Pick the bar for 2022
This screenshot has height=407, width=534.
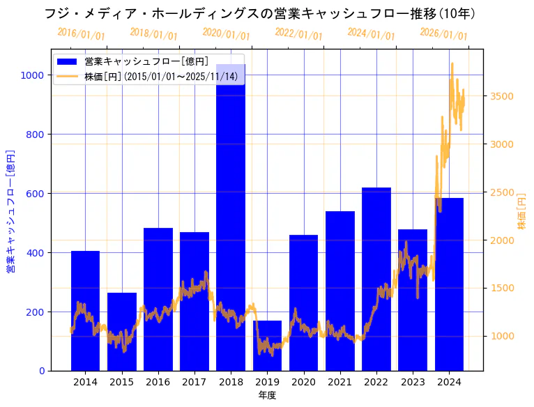coord(376,279)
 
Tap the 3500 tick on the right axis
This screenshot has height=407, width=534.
coord(502,96)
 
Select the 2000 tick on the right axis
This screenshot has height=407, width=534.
coord(502,240)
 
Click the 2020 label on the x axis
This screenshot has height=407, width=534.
coord(303,382)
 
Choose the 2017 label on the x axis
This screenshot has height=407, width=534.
coord(194,382)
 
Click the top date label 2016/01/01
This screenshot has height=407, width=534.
coord(82,34)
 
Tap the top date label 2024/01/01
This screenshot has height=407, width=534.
coord(371,34)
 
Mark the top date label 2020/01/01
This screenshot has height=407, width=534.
coord(226,34)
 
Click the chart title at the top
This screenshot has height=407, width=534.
coord(259,13)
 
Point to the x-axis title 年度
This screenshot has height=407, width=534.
coord(267,395)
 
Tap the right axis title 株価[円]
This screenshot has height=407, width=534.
coord(521,213)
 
